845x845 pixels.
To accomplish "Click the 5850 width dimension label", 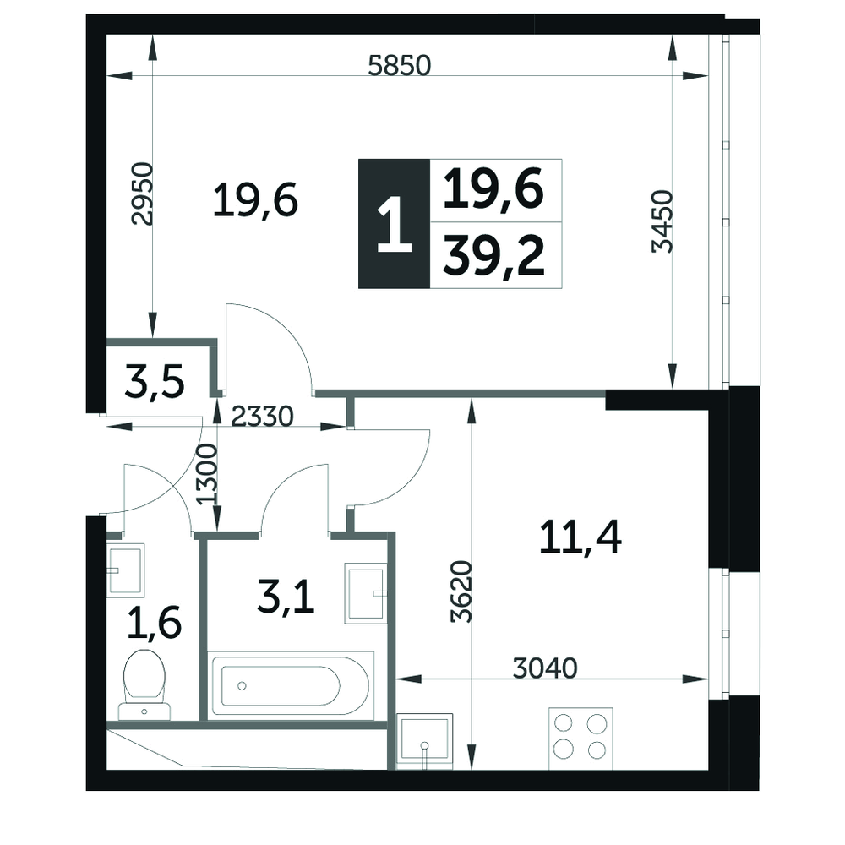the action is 400,65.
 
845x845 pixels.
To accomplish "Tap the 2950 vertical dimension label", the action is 142,194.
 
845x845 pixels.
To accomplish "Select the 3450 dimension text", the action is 662,221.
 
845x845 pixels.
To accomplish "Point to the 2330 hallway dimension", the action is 263,416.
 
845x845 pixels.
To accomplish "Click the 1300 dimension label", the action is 207,474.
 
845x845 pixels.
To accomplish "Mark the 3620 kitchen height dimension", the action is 462,591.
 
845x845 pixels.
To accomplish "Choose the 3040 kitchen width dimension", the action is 545,668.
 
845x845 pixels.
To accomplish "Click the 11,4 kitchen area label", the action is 580,537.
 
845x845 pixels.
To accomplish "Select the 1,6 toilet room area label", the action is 154,622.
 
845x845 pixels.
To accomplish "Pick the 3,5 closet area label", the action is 155,380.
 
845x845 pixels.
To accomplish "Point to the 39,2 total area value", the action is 493,257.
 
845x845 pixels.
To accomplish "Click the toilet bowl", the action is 144,684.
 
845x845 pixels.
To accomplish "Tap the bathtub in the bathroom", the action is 291,685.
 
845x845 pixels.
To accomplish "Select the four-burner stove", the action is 581,739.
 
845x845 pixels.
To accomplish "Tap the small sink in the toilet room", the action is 126,569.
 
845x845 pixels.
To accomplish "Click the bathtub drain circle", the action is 242,686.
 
